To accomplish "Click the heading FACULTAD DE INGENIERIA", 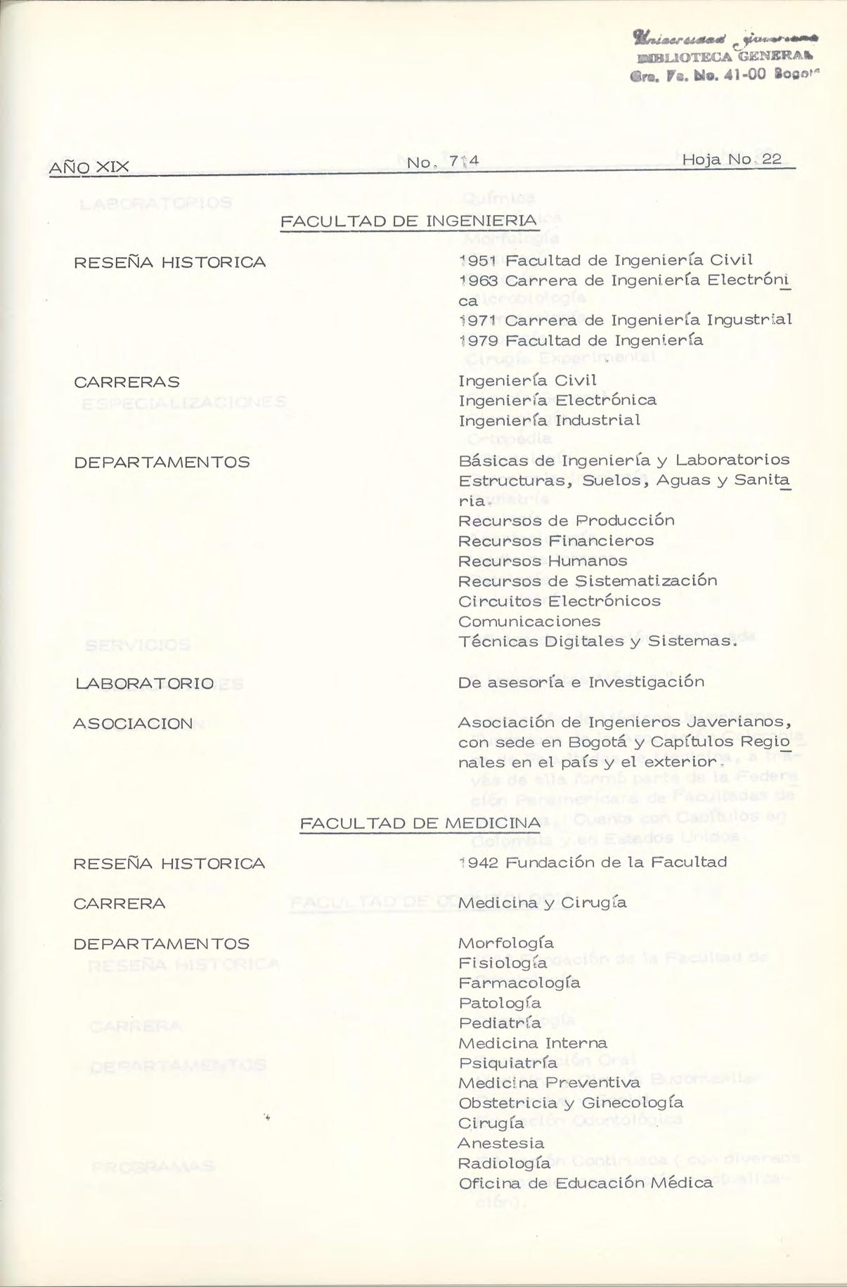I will tap(409, 221).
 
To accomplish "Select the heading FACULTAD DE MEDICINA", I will tap(420, 823).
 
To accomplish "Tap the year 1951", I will tap(479, 261).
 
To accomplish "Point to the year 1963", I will tap(478, 281).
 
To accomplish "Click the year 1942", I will tap(478, 862).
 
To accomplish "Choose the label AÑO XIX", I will tap(89, 167).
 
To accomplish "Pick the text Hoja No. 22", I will tap(732, 160).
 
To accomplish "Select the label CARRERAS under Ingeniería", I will tap(127, 382).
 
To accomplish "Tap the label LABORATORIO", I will tap(143, 684).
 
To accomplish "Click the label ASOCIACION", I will tap(133, 724).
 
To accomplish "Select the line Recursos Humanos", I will tap(543, 561).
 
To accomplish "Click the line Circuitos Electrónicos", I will tap(560, 602).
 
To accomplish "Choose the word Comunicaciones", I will tap(529, 622).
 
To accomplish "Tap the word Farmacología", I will tap(519, 983).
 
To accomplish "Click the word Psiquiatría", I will tap(507, 1063).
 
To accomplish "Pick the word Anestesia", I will tap(500, 1144).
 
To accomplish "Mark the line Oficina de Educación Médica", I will tap(586, 1184).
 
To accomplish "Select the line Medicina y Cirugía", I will tap(542, 903).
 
